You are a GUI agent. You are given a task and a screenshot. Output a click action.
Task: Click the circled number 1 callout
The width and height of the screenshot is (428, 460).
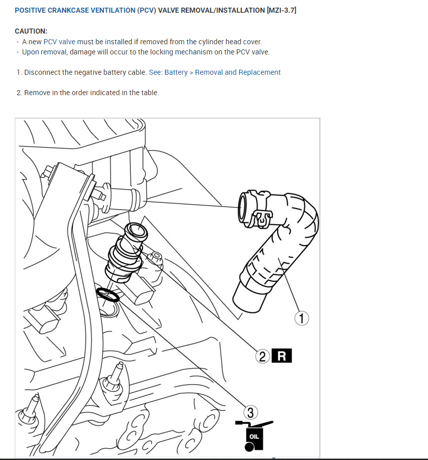tap(302, 319)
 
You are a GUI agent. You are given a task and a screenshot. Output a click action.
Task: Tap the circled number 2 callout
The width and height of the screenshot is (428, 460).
tap(263, 356)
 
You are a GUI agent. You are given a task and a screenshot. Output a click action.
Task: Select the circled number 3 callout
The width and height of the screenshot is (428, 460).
tap(250, 411)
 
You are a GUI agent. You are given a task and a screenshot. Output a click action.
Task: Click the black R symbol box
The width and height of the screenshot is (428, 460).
tap(281, 356)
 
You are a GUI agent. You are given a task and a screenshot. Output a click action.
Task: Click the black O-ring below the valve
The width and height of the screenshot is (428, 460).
tap(108, 294)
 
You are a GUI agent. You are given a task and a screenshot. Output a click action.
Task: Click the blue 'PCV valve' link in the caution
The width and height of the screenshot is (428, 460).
tap(60, 42)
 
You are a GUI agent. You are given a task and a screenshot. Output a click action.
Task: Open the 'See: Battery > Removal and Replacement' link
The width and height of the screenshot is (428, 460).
tap(215, 72)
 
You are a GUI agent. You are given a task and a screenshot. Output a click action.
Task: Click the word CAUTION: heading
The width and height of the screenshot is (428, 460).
tap(31, 31)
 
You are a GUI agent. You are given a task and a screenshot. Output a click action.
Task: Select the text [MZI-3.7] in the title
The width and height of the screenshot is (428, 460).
tap(281, 10)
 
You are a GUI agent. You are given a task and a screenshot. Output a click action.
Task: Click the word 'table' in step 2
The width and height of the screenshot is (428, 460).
tap(148, 93)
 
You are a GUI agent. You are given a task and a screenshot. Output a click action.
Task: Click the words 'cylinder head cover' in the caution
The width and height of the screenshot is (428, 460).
tap(230, 42)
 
